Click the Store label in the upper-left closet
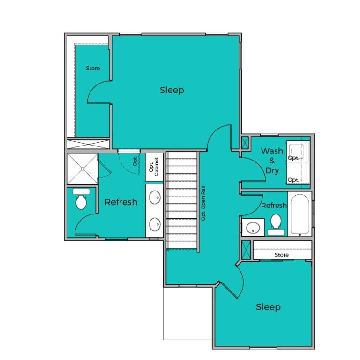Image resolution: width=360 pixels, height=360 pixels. pyautogui.click(x=93, y=69)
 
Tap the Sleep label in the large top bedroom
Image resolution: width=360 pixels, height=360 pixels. pyautogui.click(x=172, y=90)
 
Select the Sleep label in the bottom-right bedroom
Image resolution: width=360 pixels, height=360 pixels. pyautogui.click(x=268, y=307)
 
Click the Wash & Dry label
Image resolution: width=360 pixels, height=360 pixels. pyautogui.click(x=272, y=161)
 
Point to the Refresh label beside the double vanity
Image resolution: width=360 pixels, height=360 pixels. pyautogui.click(x=121, y=202)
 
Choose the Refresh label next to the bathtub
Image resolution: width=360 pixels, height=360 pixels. pyautogui.click(x=274, y=206)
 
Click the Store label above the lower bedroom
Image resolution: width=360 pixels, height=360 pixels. pyautogui.click(x=281, y=255)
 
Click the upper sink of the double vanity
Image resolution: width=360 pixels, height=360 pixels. pyautogui.click(x=155, y=197)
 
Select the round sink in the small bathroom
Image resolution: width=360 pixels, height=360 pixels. pyautogui.click(x=253, y=228)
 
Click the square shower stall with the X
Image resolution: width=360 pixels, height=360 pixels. pyautogui.click(x=82, y=168)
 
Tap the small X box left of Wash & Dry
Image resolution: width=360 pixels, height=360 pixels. pyautogui.click(x=245, y=142)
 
